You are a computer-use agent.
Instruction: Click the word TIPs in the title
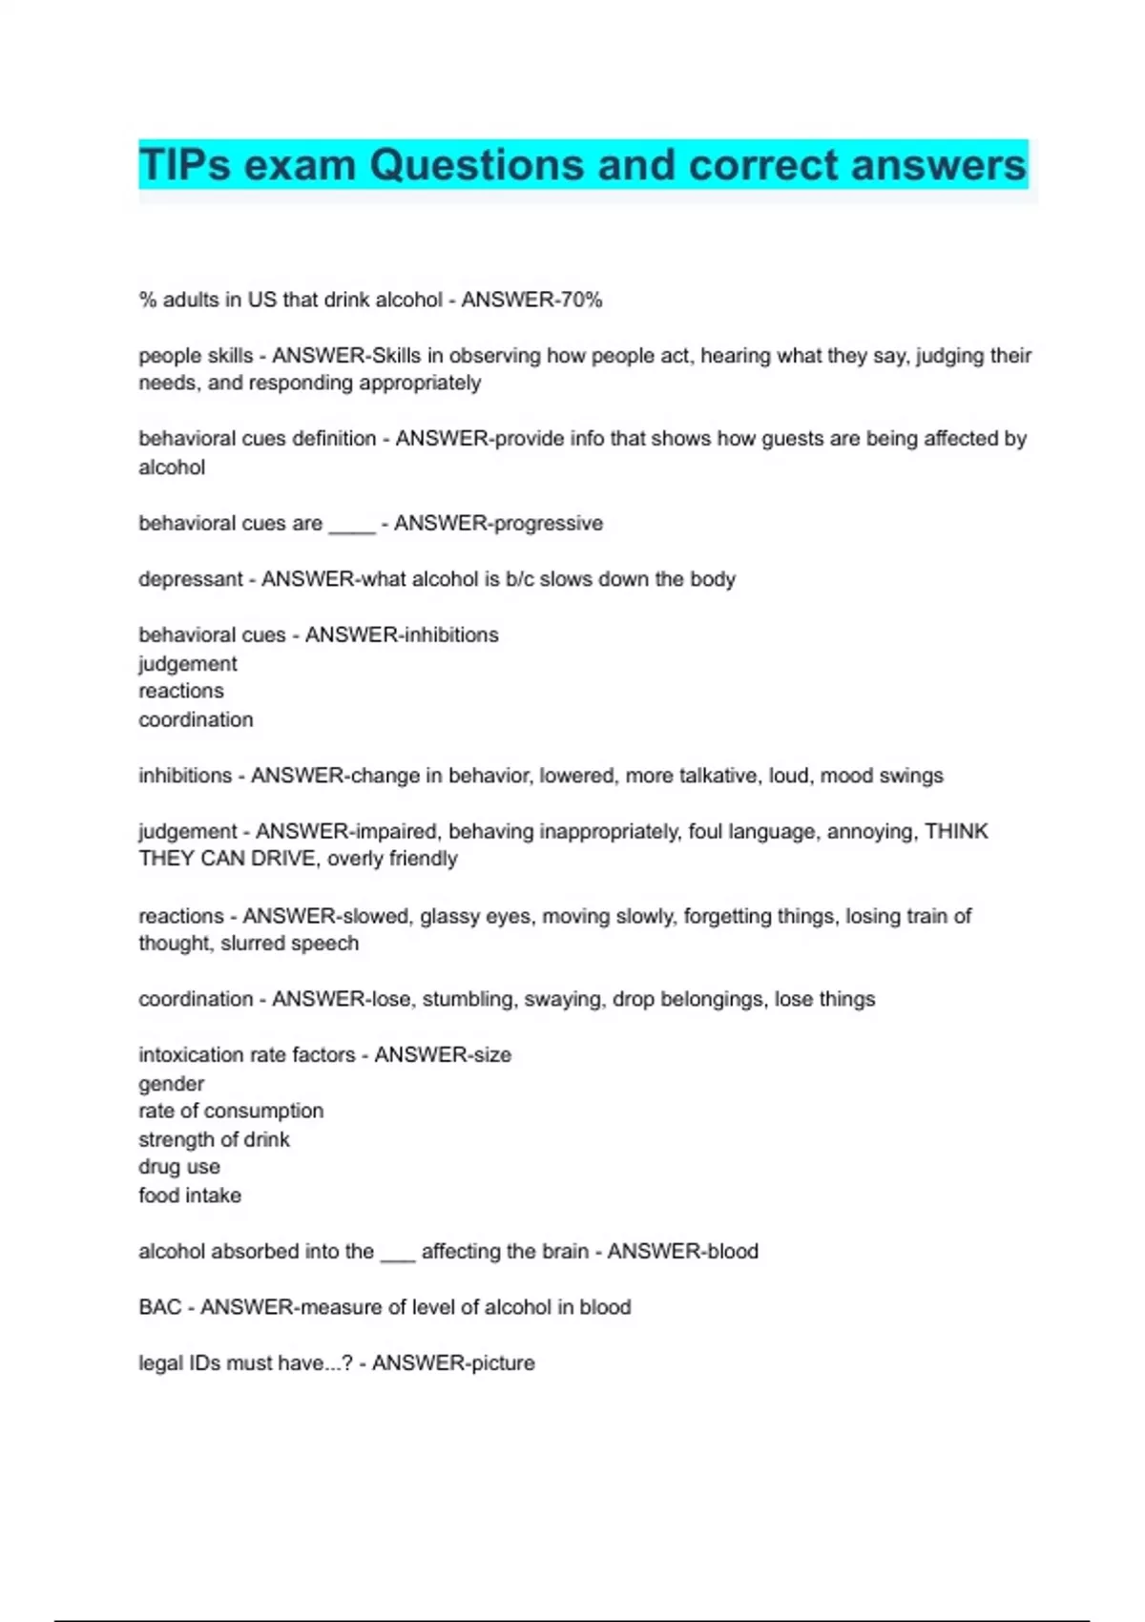185,165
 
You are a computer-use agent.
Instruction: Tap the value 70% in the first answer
581,301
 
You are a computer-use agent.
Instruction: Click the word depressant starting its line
190,580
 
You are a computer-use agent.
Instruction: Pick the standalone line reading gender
171,1084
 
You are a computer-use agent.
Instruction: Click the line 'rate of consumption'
231,1112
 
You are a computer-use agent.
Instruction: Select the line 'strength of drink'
214,1139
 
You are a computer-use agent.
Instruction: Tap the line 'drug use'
179,1167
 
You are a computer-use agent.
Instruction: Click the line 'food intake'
190,1196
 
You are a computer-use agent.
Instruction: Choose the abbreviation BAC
159,1307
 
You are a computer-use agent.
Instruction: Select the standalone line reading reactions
181,691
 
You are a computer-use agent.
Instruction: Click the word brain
560,1252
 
